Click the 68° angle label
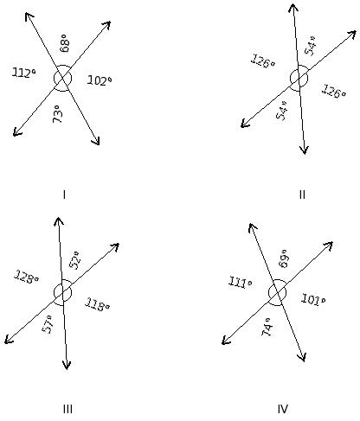65,43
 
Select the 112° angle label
24,73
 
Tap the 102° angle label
100,80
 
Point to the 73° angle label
58,114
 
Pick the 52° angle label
75,260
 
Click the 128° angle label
27,277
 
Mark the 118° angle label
97,305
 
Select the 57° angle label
48,324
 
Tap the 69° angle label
284,258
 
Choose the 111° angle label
241,282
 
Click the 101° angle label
313,299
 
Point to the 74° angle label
267,327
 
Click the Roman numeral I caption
64,195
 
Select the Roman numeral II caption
302,195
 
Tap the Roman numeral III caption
67,409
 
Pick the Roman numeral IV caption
283,409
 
